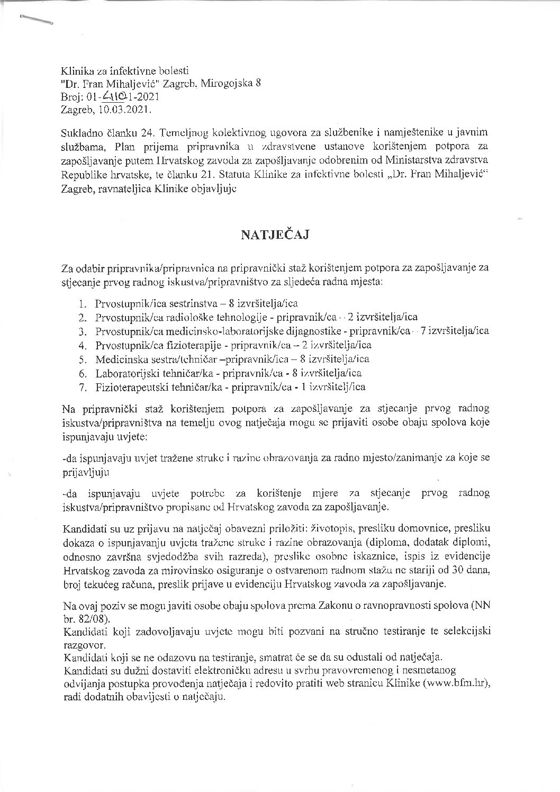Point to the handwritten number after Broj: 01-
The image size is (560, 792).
coord(112,96)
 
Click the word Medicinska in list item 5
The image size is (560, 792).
coord(116,359)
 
